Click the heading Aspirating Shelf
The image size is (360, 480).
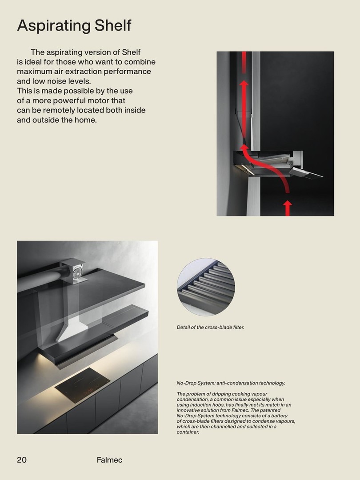[74, 25]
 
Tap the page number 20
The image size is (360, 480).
[22, 460]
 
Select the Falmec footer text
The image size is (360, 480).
[109, 460]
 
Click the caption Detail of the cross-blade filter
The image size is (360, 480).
[211, 328]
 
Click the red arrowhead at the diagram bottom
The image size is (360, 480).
[288, 205]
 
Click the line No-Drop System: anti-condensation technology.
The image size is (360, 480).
[231, 383]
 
